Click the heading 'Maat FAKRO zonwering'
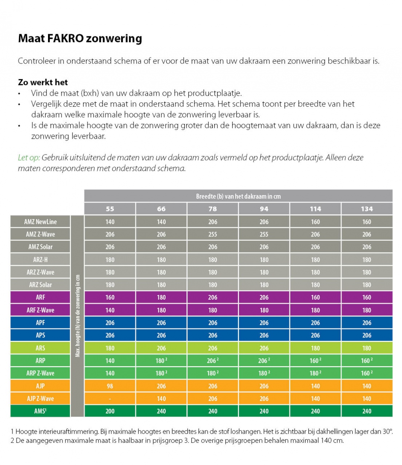click(80, 38)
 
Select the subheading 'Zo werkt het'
click(43, 82)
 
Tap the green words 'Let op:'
click(29, 157)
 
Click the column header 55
click(110, 209)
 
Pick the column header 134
click(367, 209)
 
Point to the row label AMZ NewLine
click(40, 222)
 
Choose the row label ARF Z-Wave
click(40, 310)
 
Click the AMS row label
click(40, 411)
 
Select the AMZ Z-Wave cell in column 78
click(212, 234)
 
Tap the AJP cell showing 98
click(110, 386)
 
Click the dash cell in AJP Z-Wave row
click(110, 399)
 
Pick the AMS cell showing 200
click(110, 411)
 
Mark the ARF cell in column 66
click(161, 297)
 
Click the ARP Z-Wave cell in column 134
click(367, 373)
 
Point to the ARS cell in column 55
click(110, 348)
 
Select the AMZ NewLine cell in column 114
click(315, 222)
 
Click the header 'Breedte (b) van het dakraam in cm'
click(238, 196)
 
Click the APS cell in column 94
click(264, 335)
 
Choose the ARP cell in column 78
click(212, 361)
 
